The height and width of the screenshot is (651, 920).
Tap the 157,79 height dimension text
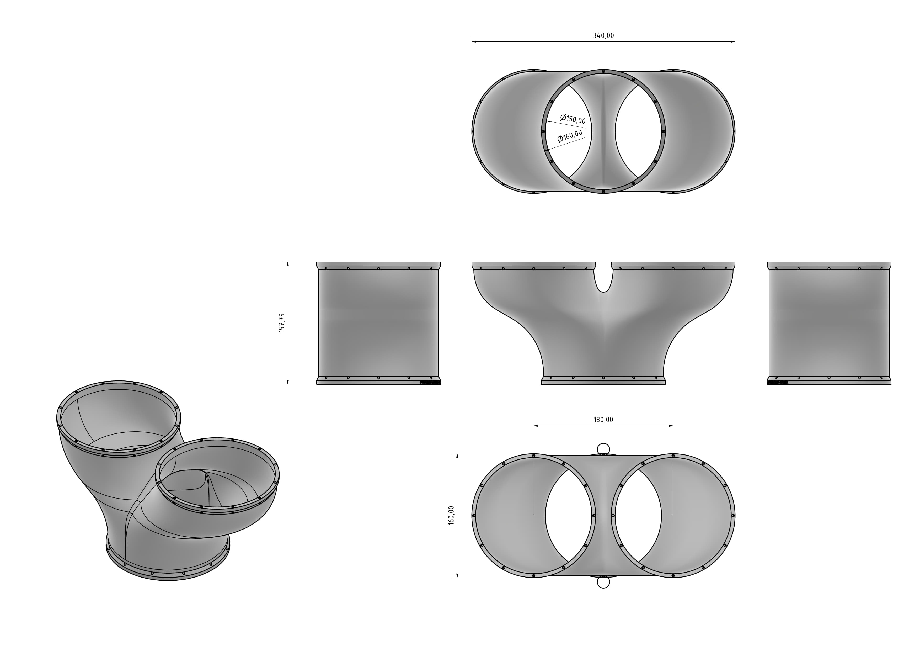(x=282, y=323)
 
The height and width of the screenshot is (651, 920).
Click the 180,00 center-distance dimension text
(x=603, y=420)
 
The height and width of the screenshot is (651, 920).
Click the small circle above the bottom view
(x=603, y=449)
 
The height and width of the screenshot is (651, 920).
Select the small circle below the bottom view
(x=603, y=582)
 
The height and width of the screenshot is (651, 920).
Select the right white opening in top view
(x=637, y=131)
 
